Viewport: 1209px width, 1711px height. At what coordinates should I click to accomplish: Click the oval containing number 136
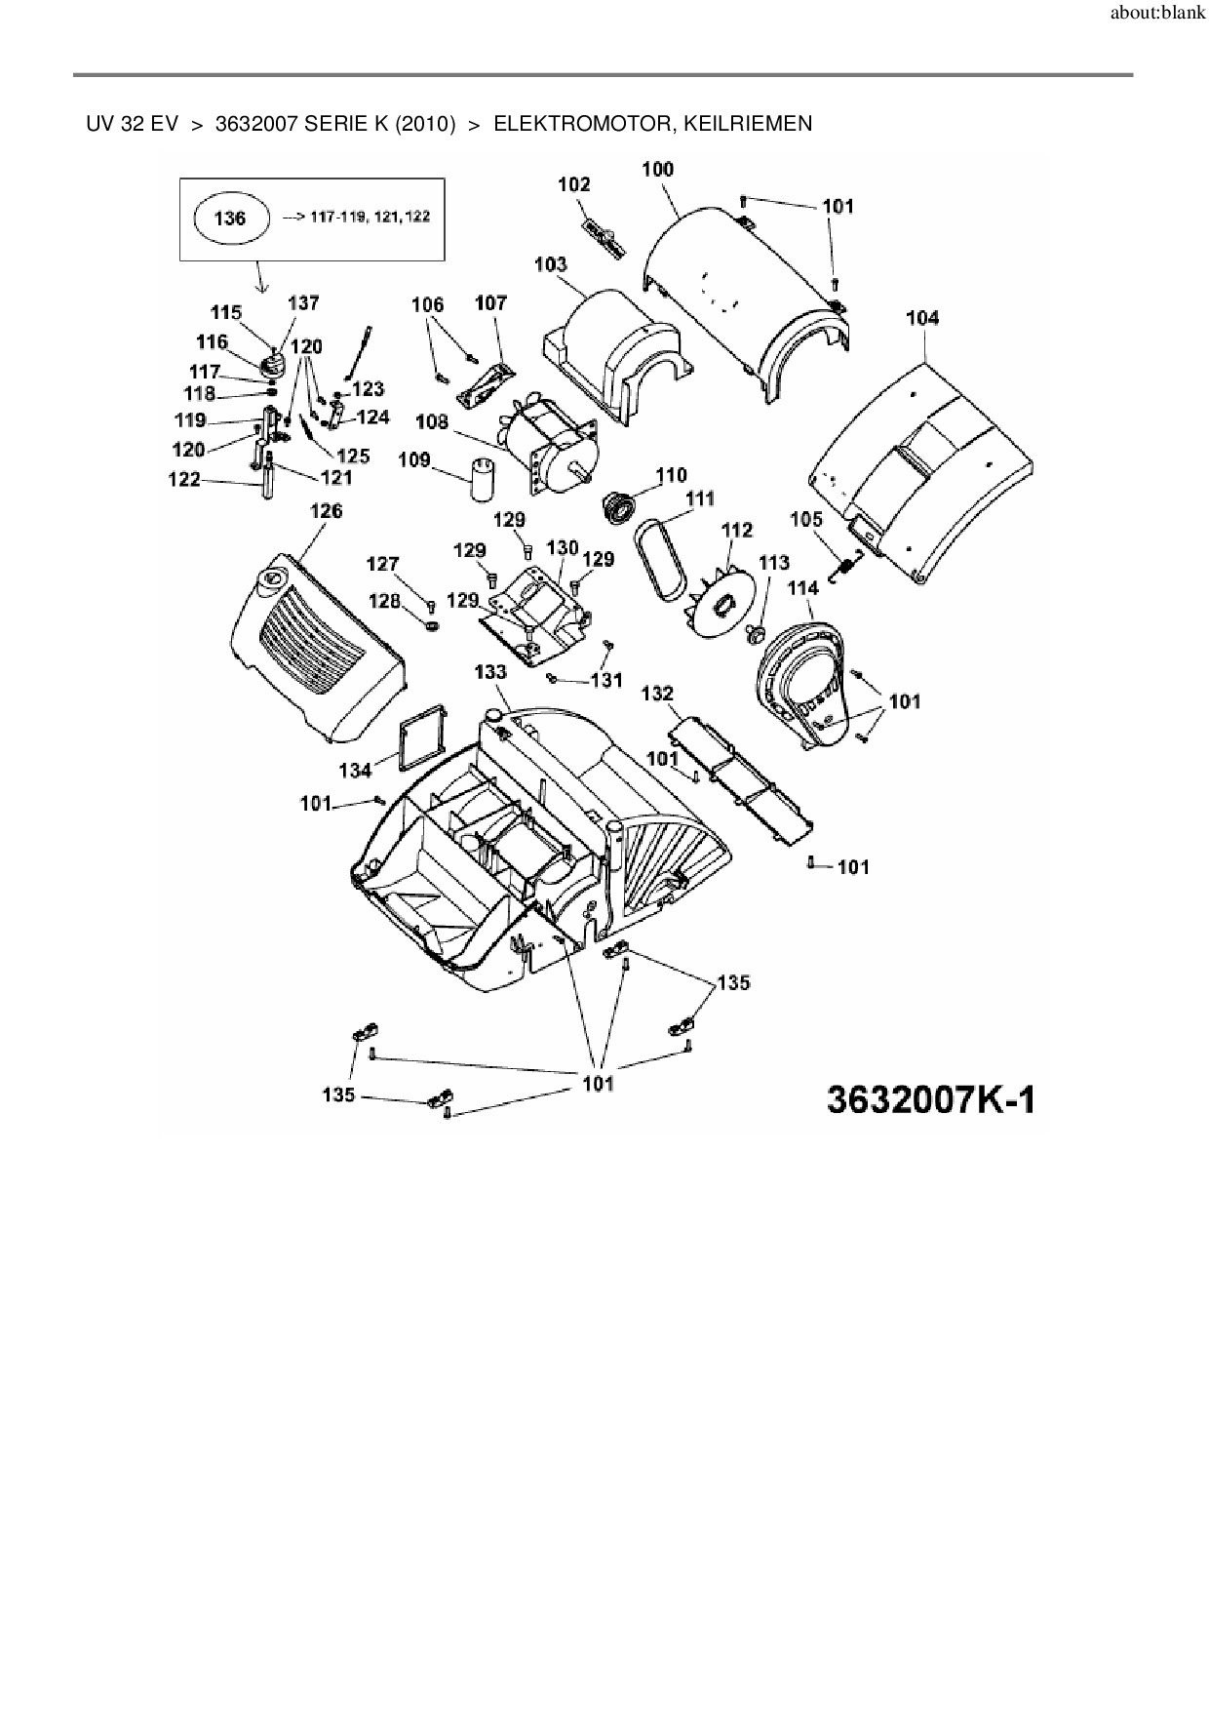[230, 218]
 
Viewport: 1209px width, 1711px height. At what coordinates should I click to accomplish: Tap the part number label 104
[922, 318]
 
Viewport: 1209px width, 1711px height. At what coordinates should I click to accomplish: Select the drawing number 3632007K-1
[930, 1099]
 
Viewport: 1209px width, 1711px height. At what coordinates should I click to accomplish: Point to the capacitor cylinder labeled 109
[483, 478]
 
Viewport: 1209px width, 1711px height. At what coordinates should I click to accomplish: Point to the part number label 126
[326, 511]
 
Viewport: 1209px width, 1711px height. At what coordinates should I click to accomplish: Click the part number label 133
[490, 672]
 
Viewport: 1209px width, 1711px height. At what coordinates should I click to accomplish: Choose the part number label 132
[657, 694]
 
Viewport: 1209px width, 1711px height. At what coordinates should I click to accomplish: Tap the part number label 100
[657, 170]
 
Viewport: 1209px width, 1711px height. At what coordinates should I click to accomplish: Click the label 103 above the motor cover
[551, 264]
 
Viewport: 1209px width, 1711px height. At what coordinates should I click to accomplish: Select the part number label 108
[432, 422]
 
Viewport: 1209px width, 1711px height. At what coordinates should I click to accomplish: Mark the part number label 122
[184, 479]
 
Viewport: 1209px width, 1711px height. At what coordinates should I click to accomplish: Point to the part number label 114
[802, 588]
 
